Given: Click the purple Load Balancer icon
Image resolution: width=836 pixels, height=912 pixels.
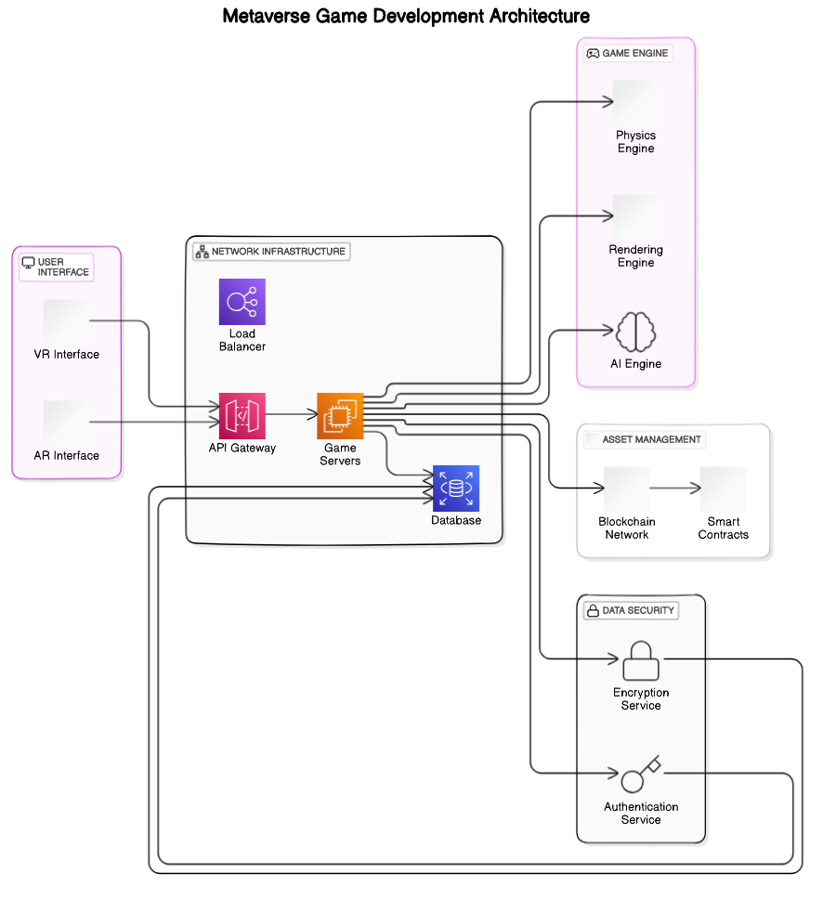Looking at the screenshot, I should tap(242, 302).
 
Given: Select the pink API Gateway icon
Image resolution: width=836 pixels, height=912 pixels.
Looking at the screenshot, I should tap(242, 415).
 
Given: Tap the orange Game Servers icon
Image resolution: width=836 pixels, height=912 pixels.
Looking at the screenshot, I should tap(340, 415).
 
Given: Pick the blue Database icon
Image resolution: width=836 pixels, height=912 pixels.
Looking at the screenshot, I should tap(456, 489).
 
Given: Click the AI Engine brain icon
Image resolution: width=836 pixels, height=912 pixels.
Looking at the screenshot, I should tap(636, 332).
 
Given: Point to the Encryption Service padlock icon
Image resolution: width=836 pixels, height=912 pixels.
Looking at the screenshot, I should tap(641, 660).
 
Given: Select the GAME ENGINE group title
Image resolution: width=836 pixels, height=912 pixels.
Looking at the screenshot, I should tap(634, 53).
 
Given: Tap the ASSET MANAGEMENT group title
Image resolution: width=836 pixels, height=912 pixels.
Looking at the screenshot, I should tap(651, 439).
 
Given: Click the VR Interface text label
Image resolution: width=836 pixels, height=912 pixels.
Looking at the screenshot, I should tap(66, 354).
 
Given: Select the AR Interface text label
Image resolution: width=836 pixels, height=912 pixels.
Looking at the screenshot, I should tap(66, 455).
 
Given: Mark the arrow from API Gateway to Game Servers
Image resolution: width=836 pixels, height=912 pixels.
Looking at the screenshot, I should tap(291, 415).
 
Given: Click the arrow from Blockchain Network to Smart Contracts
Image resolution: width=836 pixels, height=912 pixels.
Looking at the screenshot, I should tap(675, 488).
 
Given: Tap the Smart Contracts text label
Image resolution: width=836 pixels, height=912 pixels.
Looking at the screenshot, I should tap(723, 528).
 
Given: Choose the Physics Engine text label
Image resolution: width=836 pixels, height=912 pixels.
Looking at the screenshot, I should tap(635, 142).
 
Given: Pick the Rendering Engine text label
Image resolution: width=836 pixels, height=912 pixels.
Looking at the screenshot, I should tap(635, 256).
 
